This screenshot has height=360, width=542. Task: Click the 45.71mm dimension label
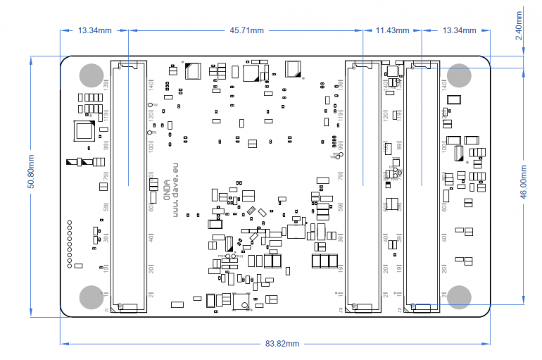246,30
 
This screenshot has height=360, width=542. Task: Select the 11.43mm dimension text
392,30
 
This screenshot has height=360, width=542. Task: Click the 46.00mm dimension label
524,185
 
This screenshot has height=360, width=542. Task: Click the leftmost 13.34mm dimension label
95,30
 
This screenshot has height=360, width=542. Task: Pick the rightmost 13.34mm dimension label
459,30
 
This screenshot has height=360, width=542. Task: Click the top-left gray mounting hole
91,75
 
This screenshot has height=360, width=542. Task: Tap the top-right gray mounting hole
460,75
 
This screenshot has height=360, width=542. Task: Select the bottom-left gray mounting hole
91,297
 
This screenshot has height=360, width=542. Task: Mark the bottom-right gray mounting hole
460,297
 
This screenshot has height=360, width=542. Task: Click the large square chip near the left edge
85,131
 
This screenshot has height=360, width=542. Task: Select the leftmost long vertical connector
129,187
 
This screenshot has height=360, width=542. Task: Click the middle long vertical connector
362,187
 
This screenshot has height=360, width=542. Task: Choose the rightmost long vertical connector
421,187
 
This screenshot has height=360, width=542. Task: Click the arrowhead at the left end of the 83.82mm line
64,344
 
